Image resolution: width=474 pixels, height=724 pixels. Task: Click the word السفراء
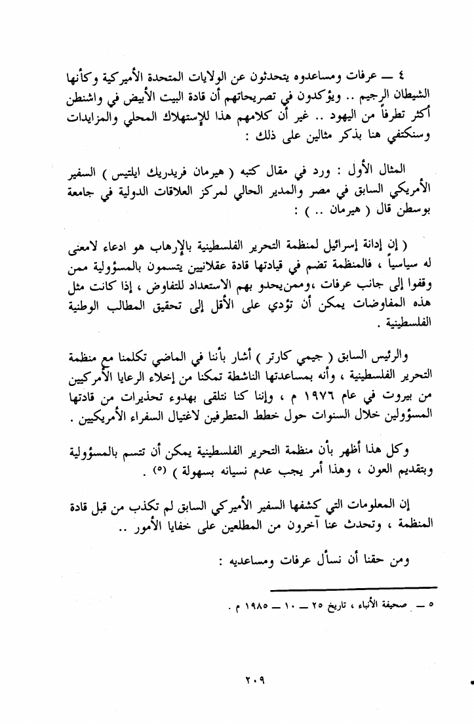point(149,419)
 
